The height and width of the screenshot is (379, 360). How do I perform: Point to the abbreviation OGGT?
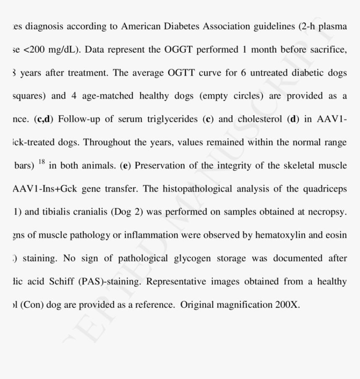173,50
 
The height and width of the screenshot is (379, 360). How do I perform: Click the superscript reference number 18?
41,162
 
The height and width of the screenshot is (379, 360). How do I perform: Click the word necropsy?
327,212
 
